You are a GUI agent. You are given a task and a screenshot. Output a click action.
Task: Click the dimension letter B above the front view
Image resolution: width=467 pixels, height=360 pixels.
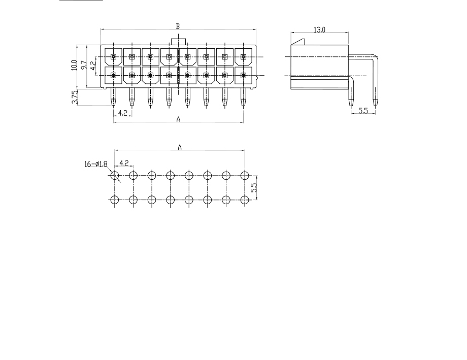tap(178, 26)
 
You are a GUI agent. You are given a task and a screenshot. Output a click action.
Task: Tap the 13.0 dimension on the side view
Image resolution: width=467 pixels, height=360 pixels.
tap(319, 30)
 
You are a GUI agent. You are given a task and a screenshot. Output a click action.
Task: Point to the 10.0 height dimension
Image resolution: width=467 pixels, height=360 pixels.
tap(74, 66)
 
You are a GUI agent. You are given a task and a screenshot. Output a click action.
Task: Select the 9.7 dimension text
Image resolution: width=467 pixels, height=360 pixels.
tap(84, 66)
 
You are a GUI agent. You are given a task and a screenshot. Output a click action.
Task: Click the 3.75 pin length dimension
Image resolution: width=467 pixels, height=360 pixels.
tap(75, 97)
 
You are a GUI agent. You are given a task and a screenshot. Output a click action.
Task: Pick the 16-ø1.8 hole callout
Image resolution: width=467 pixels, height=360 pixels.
tap(96, 164)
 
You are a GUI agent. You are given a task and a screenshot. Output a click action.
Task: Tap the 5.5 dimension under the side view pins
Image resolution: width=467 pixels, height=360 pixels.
tap(363, 111)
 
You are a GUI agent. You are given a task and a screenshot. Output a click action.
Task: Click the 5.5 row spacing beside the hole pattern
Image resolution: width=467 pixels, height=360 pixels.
tap(254, 187)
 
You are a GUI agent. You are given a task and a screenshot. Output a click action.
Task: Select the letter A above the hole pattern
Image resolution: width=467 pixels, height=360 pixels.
tap(180, 147)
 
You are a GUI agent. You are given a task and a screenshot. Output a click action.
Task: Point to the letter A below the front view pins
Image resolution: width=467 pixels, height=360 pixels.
tap(178, 119)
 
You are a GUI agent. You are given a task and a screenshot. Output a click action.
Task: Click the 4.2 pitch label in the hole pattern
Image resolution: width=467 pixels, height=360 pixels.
tap(124, 163)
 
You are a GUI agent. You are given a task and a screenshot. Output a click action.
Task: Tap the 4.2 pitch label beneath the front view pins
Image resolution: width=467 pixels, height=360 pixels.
tap(123, 113)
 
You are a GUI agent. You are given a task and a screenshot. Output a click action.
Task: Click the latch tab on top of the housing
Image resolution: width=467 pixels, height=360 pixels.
tap(178, 42)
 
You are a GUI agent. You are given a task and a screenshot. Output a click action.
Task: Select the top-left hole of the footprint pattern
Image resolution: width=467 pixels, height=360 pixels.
tap(114, 175)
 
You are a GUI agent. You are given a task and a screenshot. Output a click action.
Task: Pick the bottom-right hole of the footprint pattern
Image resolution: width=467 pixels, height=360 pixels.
tap(245, 200)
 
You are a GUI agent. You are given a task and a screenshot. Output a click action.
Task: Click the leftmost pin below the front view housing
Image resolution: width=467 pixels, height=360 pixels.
tap(113, 97)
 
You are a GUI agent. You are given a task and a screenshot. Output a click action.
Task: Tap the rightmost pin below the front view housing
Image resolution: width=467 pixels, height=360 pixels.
tap(243, 97)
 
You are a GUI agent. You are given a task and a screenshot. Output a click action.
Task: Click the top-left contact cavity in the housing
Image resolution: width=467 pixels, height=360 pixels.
tap(114, 57)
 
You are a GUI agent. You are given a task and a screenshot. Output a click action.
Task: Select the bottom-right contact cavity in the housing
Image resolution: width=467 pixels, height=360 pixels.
tap(243, 75)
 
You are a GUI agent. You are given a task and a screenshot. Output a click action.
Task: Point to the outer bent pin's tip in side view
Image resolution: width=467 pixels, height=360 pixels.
tap(375, 104)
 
